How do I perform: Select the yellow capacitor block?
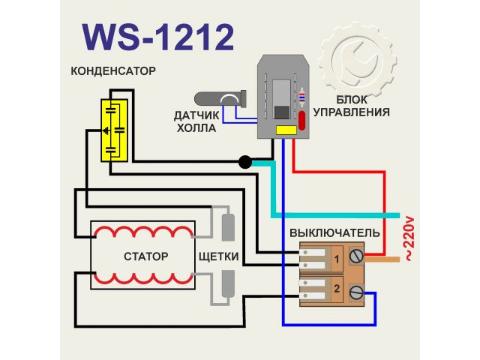(x=115, y=129)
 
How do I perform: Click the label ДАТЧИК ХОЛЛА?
(x=196, y=121)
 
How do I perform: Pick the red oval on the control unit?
(x=302, y=121)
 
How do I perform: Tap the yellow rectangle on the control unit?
(x=285, y=130)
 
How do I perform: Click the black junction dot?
(x=244, y=161)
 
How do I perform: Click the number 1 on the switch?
(x=337, y=259)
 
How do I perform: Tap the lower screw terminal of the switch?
(x=355, y=289)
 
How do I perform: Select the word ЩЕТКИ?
(x=219, y=256)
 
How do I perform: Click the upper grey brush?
(x=229, y=225)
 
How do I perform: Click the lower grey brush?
(x=229, y=286)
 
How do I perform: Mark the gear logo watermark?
(x=358, y=61)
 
